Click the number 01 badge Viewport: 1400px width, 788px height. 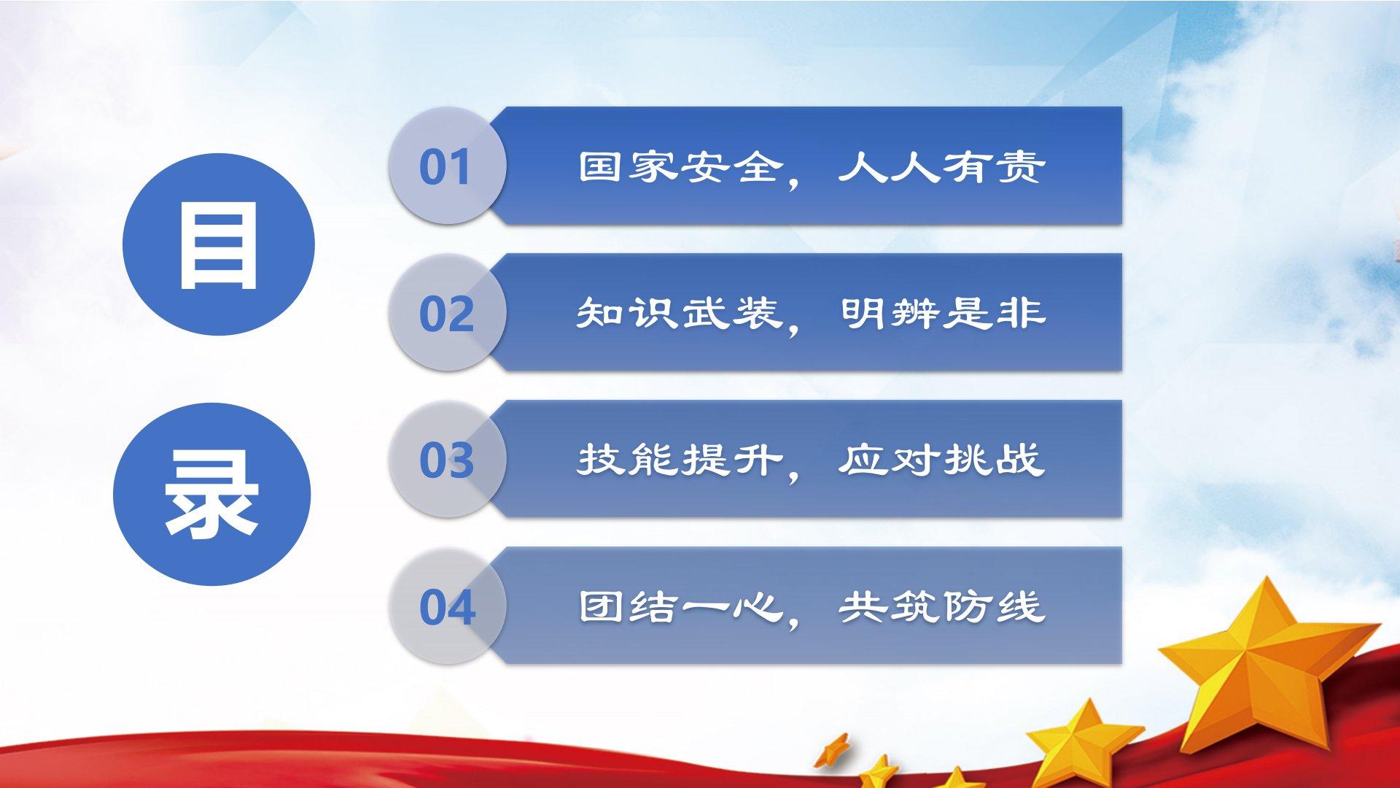tap(447, 166)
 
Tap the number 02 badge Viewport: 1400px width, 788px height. tap(447, 312)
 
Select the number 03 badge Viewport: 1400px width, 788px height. tap(447, 459)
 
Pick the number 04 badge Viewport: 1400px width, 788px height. tap(447, 606)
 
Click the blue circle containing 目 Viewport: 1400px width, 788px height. tap(219, 244)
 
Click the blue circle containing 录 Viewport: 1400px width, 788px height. tap(212, 494)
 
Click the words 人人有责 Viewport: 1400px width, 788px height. tap(941, 166)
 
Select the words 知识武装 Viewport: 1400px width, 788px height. tap(680, 313)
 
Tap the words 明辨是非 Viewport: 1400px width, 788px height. tap(943, 313)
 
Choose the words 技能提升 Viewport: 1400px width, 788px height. tap(680, 460)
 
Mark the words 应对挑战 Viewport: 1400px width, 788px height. tap(941, 460)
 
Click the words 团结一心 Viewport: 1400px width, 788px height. tap(680, 606)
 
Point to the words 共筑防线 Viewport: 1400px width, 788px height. tap(941, 606)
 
